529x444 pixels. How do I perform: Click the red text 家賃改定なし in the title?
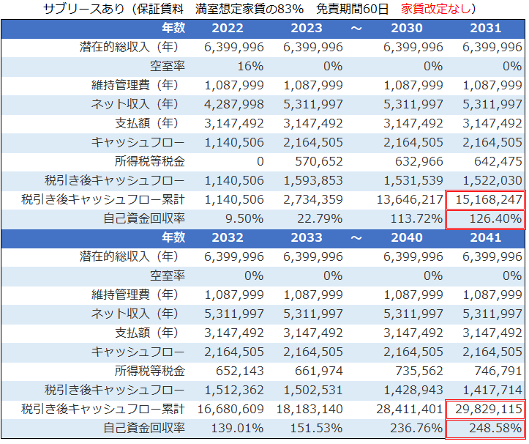(438, 10)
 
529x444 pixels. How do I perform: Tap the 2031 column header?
(487, 29)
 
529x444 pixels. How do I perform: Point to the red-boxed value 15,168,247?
(487, 199)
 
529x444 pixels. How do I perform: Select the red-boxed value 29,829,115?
(487, 408)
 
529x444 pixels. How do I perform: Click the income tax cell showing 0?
(259, 161)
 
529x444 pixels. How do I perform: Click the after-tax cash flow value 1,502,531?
(312, 389)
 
